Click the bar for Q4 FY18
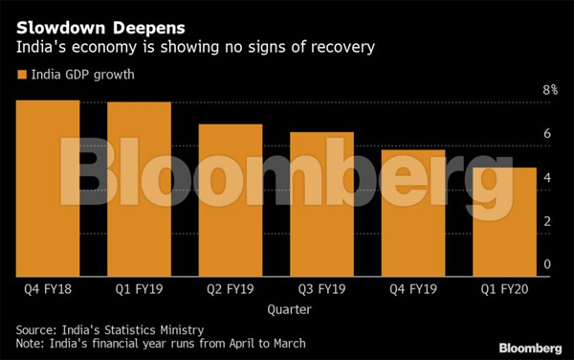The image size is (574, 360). [x=47, y=187]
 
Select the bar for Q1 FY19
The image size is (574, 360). [x=139, y=188]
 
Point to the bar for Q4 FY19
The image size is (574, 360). [x=412, y=212]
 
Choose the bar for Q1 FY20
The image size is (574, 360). [x=503, y=220]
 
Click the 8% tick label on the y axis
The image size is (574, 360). [x=550, y=90]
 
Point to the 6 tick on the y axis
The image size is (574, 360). [x=547, y=134]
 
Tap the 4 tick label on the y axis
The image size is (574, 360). [x=547, y=178]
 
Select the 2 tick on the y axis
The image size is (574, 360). [x=547, y=221]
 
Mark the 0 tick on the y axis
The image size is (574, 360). [x=547, y=264]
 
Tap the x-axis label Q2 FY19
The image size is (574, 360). [x=230, y=288]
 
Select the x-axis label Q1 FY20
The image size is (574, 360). [x=503, y=288]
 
